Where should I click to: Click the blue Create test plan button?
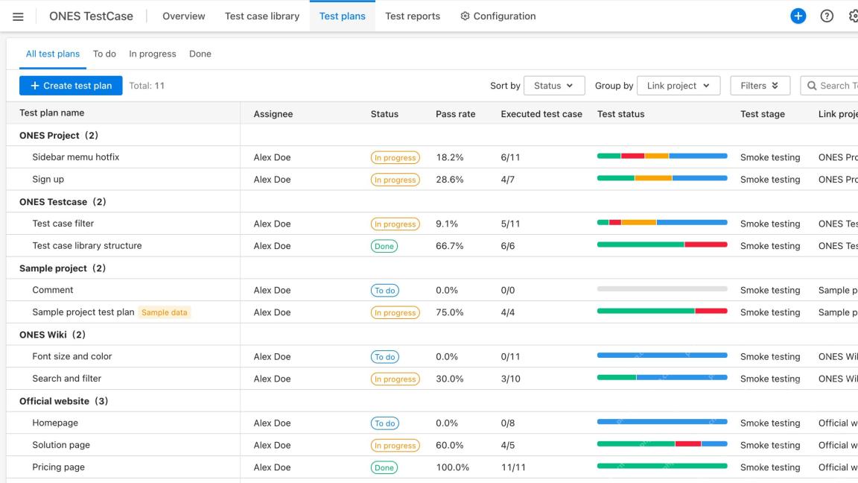click(x=71, y=86)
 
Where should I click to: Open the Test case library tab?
click(x=262, y=16)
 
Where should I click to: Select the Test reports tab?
click(x=413, y=16)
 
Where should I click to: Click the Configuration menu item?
click(x=498, y=16)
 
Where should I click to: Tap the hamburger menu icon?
click(x=18, y=16)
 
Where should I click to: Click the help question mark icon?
click(x=827, y=16)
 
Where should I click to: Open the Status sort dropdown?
click(x=554, y=86)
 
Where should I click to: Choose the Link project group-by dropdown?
click(x=679, y=86)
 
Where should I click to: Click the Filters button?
click(x=760, y=86)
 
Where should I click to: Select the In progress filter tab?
click(x=153, y=54)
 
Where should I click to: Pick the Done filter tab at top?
click(x=200, y=54)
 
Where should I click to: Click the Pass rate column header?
click(x=455, y=114)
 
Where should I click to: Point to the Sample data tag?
click(x=164, y=312)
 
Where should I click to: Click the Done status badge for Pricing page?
click(x=384, y=467)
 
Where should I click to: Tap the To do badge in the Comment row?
click(x=384, y=291)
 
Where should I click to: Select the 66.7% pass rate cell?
click(x=449, y=246)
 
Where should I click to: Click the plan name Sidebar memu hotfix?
click(x=75, y=157)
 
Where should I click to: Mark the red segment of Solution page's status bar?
click(x=688, y=443)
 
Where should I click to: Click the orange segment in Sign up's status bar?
click(x=653, y=178)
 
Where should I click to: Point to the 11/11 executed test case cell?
click(x=513, y=467)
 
